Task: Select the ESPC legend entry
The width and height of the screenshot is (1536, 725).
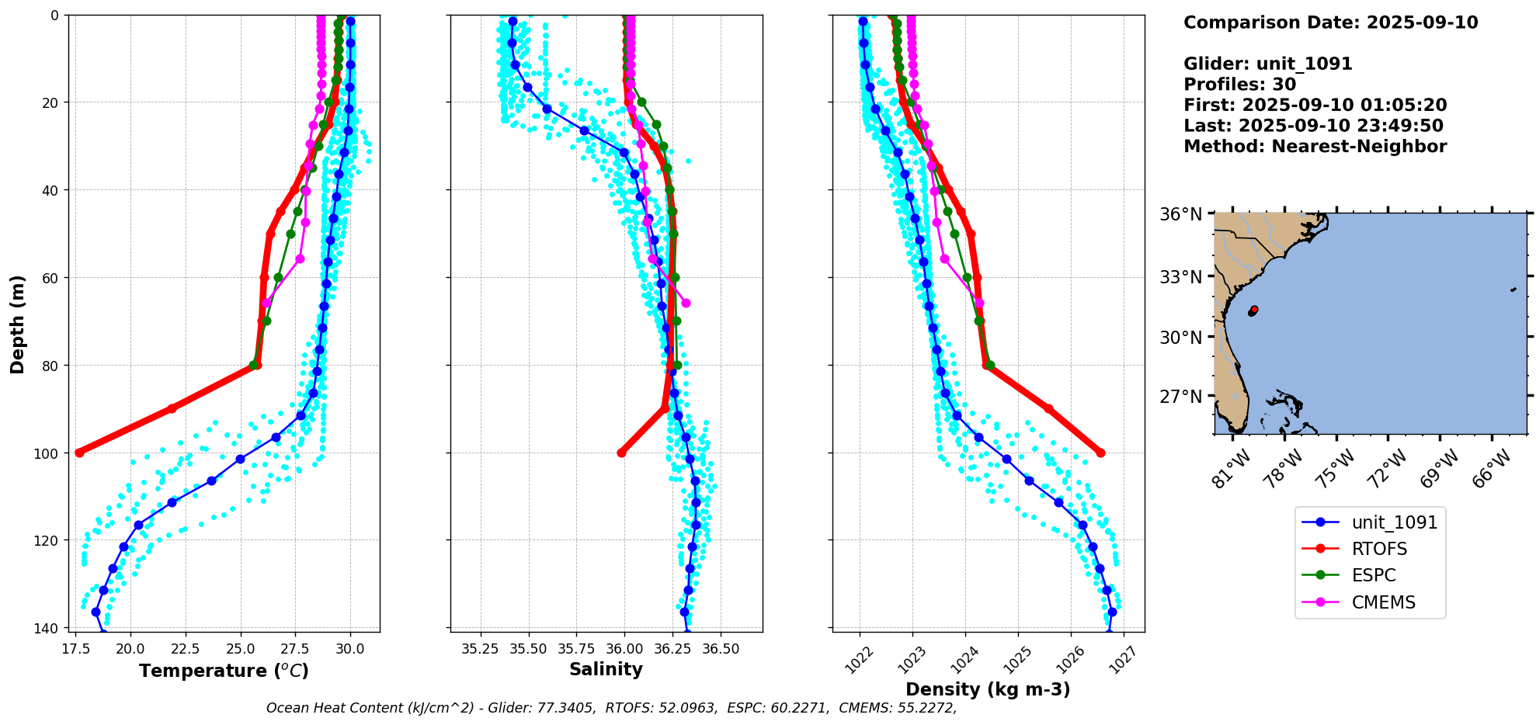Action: [x=1373, y=575]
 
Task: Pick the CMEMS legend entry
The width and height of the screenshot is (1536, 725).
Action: [x=1383, y=602]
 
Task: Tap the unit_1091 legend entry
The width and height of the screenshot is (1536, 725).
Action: [x=1394, y=522]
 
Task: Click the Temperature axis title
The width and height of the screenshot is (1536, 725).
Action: [x=224, y=671]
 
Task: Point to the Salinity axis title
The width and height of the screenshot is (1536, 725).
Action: [x=606, y=669]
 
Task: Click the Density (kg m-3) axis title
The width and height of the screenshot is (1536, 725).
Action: [x=988, y=689]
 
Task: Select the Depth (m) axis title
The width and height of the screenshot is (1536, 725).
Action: [x=18, y=324]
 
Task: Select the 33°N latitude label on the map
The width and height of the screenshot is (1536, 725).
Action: [x=1180, y=277]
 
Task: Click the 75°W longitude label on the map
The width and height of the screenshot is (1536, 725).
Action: [x=1337, y=468]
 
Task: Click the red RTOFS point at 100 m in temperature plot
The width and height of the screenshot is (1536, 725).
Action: [x=79, y=453]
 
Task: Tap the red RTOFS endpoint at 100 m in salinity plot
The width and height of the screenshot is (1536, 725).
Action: [x=621, y=453]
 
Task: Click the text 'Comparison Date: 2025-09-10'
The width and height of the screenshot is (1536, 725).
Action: [x=1330, y=23]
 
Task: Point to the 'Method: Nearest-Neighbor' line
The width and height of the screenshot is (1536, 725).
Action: [x=1315, y=147]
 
